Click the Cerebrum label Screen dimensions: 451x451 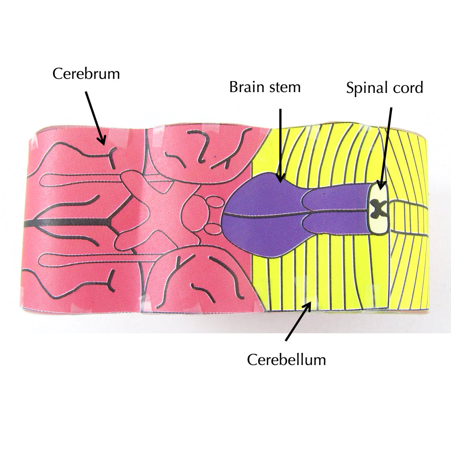[x=86, y=74]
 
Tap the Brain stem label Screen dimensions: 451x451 [x=265, y=87]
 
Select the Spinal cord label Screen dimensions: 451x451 [x=384, y=88]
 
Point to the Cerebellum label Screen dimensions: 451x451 [x=286, y=360]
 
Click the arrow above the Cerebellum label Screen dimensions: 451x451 [x=298, y=322]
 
